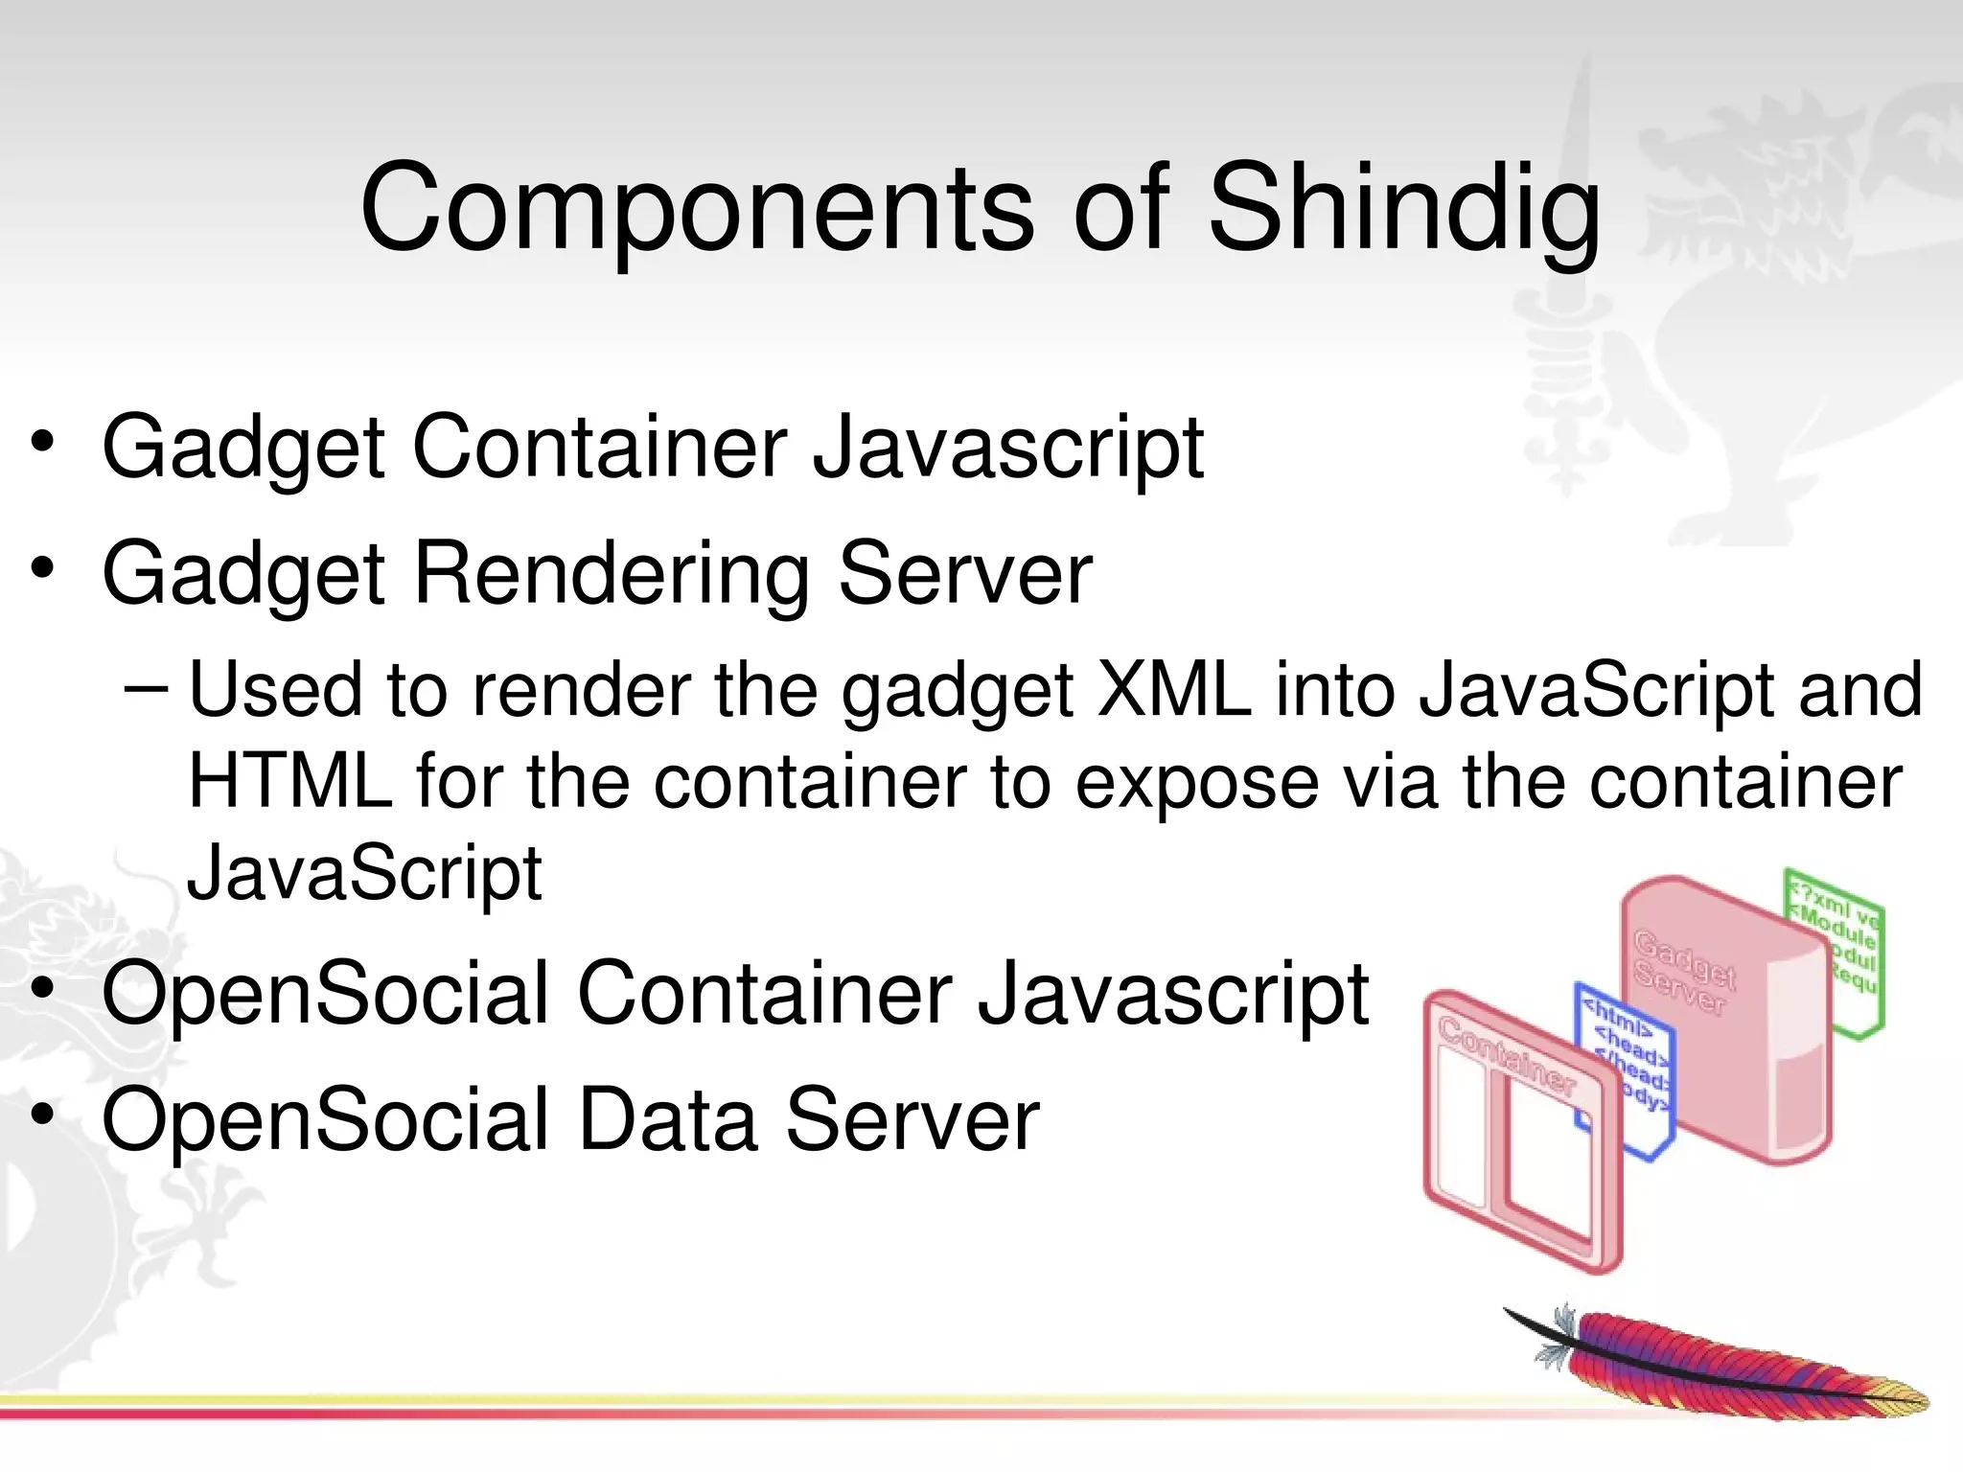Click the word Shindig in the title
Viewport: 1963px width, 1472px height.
[1404, 211]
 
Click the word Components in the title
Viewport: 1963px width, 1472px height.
[697, 211]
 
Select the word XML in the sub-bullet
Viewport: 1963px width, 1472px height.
[1174, 690]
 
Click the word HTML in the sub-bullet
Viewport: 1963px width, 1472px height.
[289, 782]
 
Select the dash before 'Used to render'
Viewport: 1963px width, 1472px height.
[147, 688]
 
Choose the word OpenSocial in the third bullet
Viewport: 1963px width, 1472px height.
[325, 994]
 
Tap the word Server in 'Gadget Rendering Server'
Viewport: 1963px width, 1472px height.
[965, 575]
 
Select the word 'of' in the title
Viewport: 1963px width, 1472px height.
[1120, 211]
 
